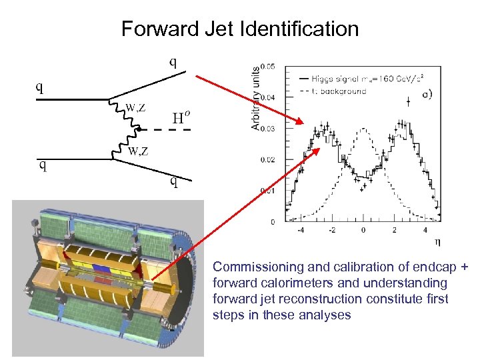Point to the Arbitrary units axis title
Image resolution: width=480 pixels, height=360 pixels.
pos(255,97)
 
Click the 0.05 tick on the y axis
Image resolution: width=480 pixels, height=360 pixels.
pos(266,66)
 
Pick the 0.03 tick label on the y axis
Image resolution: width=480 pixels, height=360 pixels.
pos(266,128)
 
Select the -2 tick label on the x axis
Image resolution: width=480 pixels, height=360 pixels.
pos(331,231)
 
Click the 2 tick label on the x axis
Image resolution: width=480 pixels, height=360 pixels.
pos(394,231)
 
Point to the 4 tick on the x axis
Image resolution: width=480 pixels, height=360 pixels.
pos(425,231)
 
